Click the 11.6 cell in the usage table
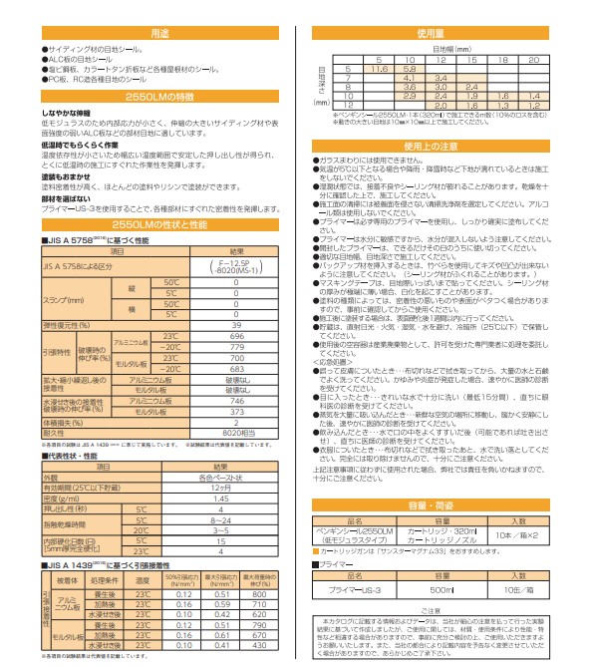[x=378, y=69]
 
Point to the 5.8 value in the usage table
[x=410, y=69]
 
